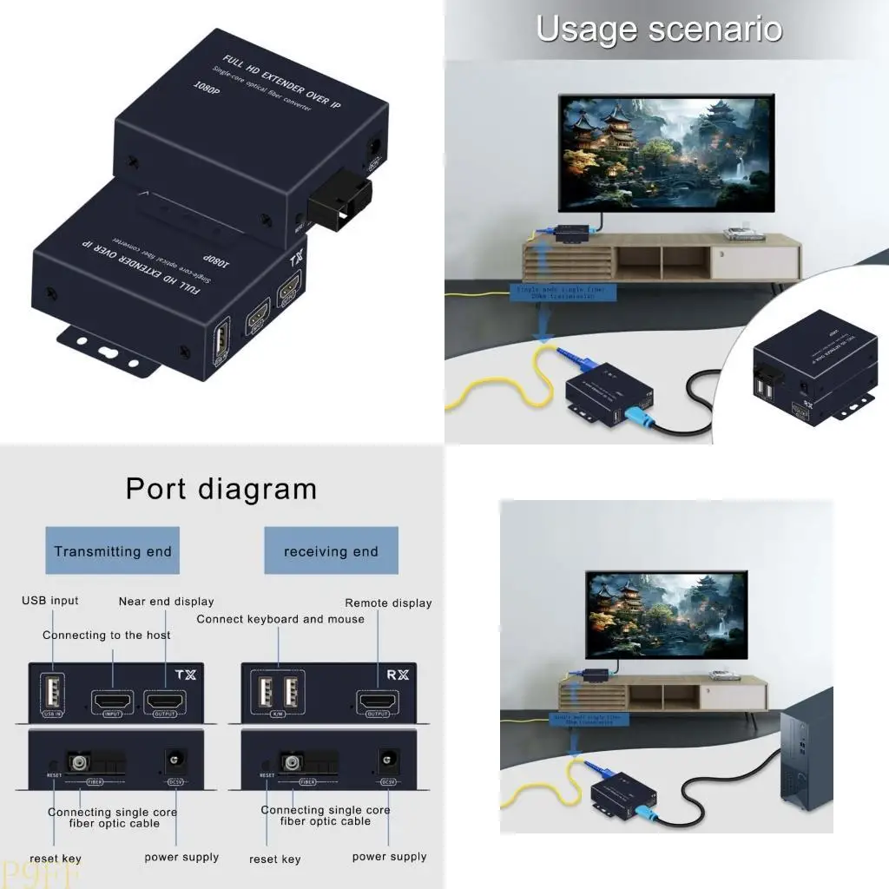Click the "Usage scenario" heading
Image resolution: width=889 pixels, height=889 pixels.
coord(659,29)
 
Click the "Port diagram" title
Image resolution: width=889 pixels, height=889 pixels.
coord(221,489)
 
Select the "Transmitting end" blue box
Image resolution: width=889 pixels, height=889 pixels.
coord(112,550)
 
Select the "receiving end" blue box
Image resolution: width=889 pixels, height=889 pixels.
coord(331,550)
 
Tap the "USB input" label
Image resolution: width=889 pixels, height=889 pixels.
coord(49,600)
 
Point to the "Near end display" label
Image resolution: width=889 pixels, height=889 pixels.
coord(166,601)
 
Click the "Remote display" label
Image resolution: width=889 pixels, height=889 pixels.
coord(388,603)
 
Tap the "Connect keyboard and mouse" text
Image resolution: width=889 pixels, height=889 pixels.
coord(280,619)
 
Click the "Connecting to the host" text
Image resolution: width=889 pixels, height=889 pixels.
coord(107,635)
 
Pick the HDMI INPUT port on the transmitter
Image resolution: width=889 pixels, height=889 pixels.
coord(113,700)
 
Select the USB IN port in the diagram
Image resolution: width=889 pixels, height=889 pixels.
coord(51,693)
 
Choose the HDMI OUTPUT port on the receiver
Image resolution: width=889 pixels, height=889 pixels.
coord(378,700)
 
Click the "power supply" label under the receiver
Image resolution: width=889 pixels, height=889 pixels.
coord(389,856)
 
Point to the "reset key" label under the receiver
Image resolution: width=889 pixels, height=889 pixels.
coord(274,859)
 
